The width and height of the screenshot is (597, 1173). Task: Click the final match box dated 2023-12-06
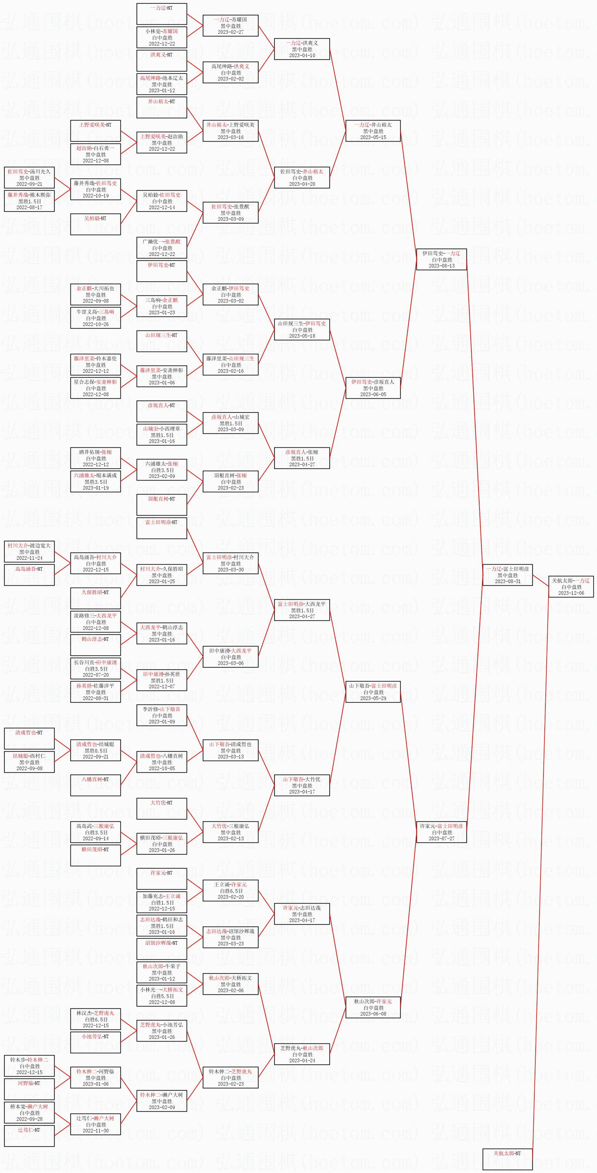(x=571, y=586)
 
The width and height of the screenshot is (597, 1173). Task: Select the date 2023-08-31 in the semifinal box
(x=507, y=581)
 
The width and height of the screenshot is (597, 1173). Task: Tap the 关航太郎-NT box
(x=507, y=1159)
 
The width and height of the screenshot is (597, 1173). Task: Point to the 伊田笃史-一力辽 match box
(x=441, y=259)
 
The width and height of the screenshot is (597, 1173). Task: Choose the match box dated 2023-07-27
(x=441, y=832)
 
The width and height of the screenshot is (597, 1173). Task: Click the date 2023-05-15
(x=373, y=137)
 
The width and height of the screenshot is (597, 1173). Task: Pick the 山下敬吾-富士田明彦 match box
(x=373, y=692)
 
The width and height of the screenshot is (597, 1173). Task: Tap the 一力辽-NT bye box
(x=162, y=14)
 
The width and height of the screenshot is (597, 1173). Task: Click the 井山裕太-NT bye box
(x=162, y=107)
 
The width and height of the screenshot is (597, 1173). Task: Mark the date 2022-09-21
(x=29, y=184)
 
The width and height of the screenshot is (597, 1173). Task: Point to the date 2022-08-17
(x=29, y=207)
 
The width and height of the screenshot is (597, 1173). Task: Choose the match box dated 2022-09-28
(x=29, y=1112)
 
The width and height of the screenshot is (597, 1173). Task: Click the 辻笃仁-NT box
(x=29, y=1136)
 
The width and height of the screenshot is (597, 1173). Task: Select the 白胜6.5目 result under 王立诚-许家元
(x=231, y=891)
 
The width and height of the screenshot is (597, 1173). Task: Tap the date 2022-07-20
(x=96, y=675)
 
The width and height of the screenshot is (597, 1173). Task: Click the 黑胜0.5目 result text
(x=96, y=750)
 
